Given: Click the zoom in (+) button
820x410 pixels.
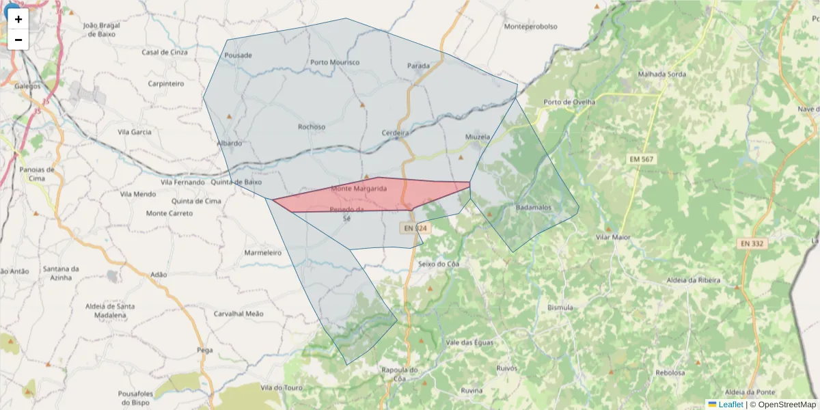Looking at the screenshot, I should pos(18,19).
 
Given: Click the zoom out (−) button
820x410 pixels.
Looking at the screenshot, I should pos(18,40).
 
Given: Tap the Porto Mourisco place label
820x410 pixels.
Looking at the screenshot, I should pos(335,62).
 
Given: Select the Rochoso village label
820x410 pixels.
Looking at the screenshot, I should pos(312,126).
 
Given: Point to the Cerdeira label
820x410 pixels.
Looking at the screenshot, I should pos(396,133).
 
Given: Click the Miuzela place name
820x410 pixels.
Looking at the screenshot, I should pos(478,137).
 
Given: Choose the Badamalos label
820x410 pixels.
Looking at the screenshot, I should pos(538,207).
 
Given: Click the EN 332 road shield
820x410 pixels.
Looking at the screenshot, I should pos(752,243).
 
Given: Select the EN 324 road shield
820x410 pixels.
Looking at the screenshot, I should pos(415,228).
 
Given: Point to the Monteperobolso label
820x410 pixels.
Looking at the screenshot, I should pos(530,27).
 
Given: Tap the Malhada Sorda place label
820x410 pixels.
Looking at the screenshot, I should pos(661,74).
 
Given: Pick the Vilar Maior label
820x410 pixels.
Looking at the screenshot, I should pos(613,237).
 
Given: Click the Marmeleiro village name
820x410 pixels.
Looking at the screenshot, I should pos(263,253).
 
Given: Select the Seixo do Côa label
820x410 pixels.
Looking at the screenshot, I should pos(438,264).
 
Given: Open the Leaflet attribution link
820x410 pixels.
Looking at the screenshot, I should pos(730,405).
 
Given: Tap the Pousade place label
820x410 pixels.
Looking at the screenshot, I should pos(238,55).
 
